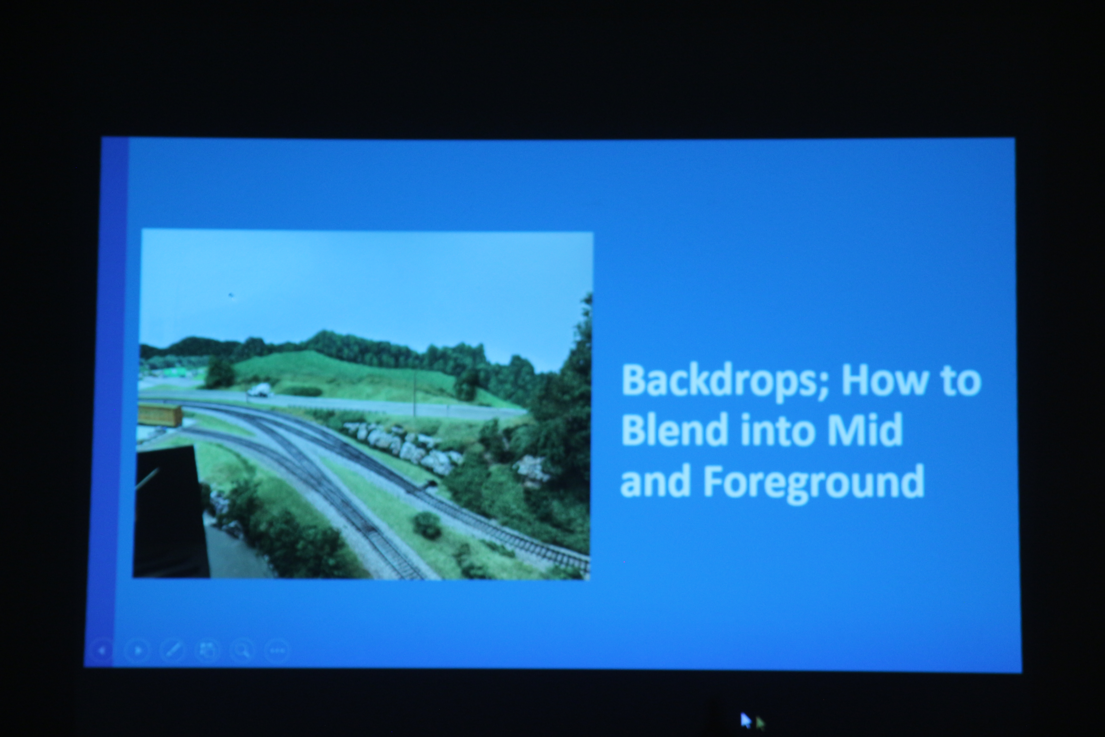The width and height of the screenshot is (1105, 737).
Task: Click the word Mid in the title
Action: tap(865, 429)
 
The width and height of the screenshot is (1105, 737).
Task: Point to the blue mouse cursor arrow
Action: tap(745, 720)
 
